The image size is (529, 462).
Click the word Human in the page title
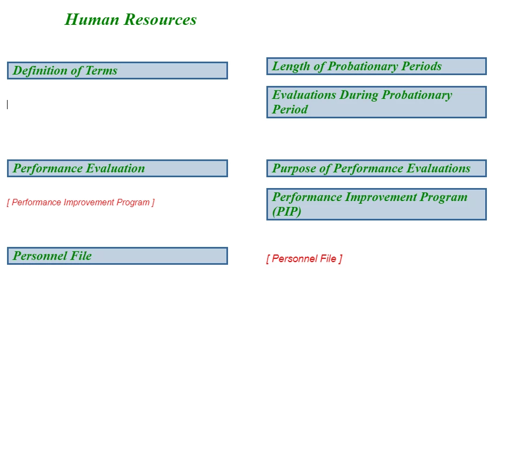[x=92, y=19]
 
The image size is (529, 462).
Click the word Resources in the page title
[x=160, y=19]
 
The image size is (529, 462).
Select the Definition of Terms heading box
[x=117, y=71]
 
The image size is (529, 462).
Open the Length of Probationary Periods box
[x=377, y=66]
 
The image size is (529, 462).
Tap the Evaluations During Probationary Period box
[x=377, y=102]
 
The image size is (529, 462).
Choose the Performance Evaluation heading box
[x=117, y=169]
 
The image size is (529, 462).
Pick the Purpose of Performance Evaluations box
[x=377, y=169]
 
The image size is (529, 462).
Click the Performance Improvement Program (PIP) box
[x=377, y=204]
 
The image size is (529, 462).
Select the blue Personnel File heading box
[x=117, y=256]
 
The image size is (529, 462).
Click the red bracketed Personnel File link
[x=304, y=259]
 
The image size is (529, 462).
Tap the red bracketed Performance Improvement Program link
[x=81, y=203]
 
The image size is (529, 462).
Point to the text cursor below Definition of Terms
[x=7, y=105]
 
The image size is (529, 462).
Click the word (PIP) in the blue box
[x=287, y=212]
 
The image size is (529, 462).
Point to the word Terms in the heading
[x=101, y=71]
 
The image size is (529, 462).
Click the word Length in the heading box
[x=291, y=66]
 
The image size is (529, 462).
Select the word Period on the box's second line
[x=290, y=109]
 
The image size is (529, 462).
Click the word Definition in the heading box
[x=40, y=71]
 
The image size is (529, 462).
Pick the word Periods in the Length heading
[x=421, y=66]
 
